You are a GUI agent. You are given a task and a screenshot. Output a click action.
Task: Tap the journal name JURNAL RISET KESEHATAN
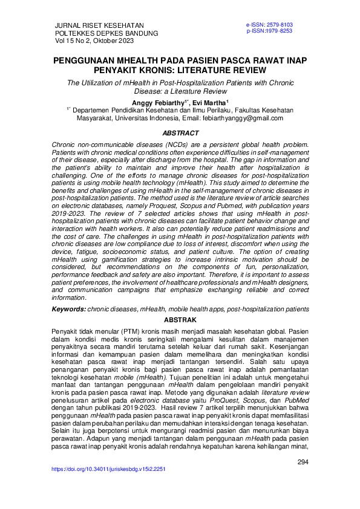click(95, 25)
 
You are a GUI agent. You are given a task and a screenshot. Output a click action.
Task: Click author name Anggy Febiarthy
click(158, 103)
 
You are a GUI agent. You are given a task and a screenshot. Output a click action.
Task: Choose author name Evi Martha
click(210, 103)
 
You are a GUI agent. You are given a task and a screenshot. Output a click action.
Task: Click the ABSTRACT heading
click(180, 133)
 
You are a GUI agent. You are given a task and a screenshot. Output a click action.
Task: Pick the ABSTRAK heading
click(180, 319)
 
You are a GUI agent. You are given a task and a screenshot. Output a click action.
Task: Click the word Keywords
click(67, 309)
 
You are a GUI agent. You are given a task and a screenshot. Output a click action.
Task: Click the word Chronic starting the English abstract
click(65, 146)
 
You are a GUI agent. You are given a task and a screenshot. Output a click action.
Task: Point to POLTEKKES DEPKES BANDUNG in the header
click(106, 33)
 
